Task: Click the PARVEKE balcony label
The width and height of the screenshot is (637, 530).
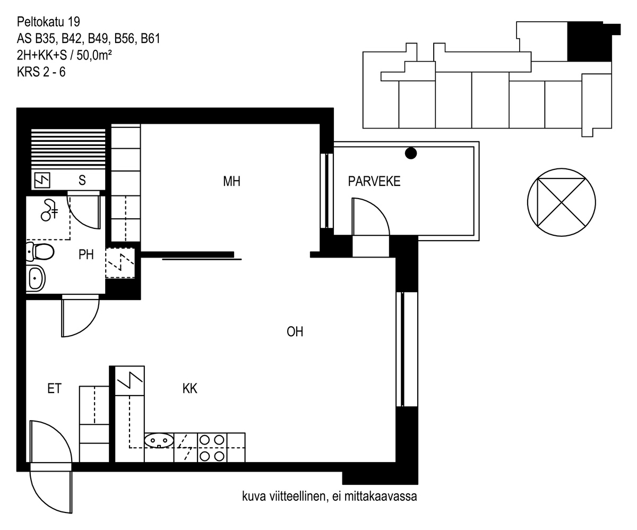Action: pos(374,181)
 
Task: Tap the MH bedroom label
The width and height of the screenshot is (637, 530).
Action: pos(232,181)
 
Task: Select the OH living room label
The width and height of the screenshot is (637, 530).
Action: pos(295,332)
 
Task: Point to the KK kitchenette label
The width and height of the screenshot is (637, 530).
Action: pos(190,389)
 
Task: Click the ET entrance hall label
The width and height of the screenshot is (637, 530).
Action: pos(55,389)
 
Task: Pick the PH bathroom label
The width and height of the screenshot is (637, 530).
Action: pos(86,254)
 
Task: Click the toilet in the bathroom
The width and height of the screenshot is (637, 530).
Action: pos(40,252)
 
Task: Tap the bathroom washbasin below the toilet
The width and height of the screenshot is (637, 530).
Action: pos(36,278)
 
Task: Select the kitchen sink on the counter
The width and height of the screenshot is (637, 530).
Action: pos(159,441)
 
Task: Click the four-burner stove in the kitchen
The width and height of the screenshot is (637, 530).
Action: pos(212,448)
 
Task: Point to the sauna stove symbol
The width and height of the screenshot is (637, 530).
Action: pos(42,180)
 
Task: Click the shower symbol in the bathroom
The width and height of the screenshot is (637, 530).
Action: pos(49,210)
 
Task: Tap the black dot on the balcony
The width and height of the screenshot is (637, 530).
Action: pos(411,153)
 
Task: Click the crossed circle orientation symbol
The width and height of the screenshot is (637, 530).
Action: pos(561,202)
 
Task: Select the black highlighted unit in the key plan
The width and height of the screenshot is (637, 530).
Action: pos(590,41)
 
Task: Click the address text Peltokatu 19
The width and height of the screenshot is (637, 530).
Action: pos(48,22)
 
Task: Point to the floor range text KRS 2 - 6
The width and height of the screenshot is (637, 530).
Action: pos(41,72)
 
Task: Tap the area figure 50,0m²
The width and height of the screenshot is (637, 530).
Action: pos(94,55)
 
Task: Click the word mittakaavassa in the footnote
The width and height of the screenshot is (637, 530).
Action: pos(381,497)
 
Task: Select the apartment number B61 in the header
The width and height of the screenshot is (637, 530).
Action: pos(150,38)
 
